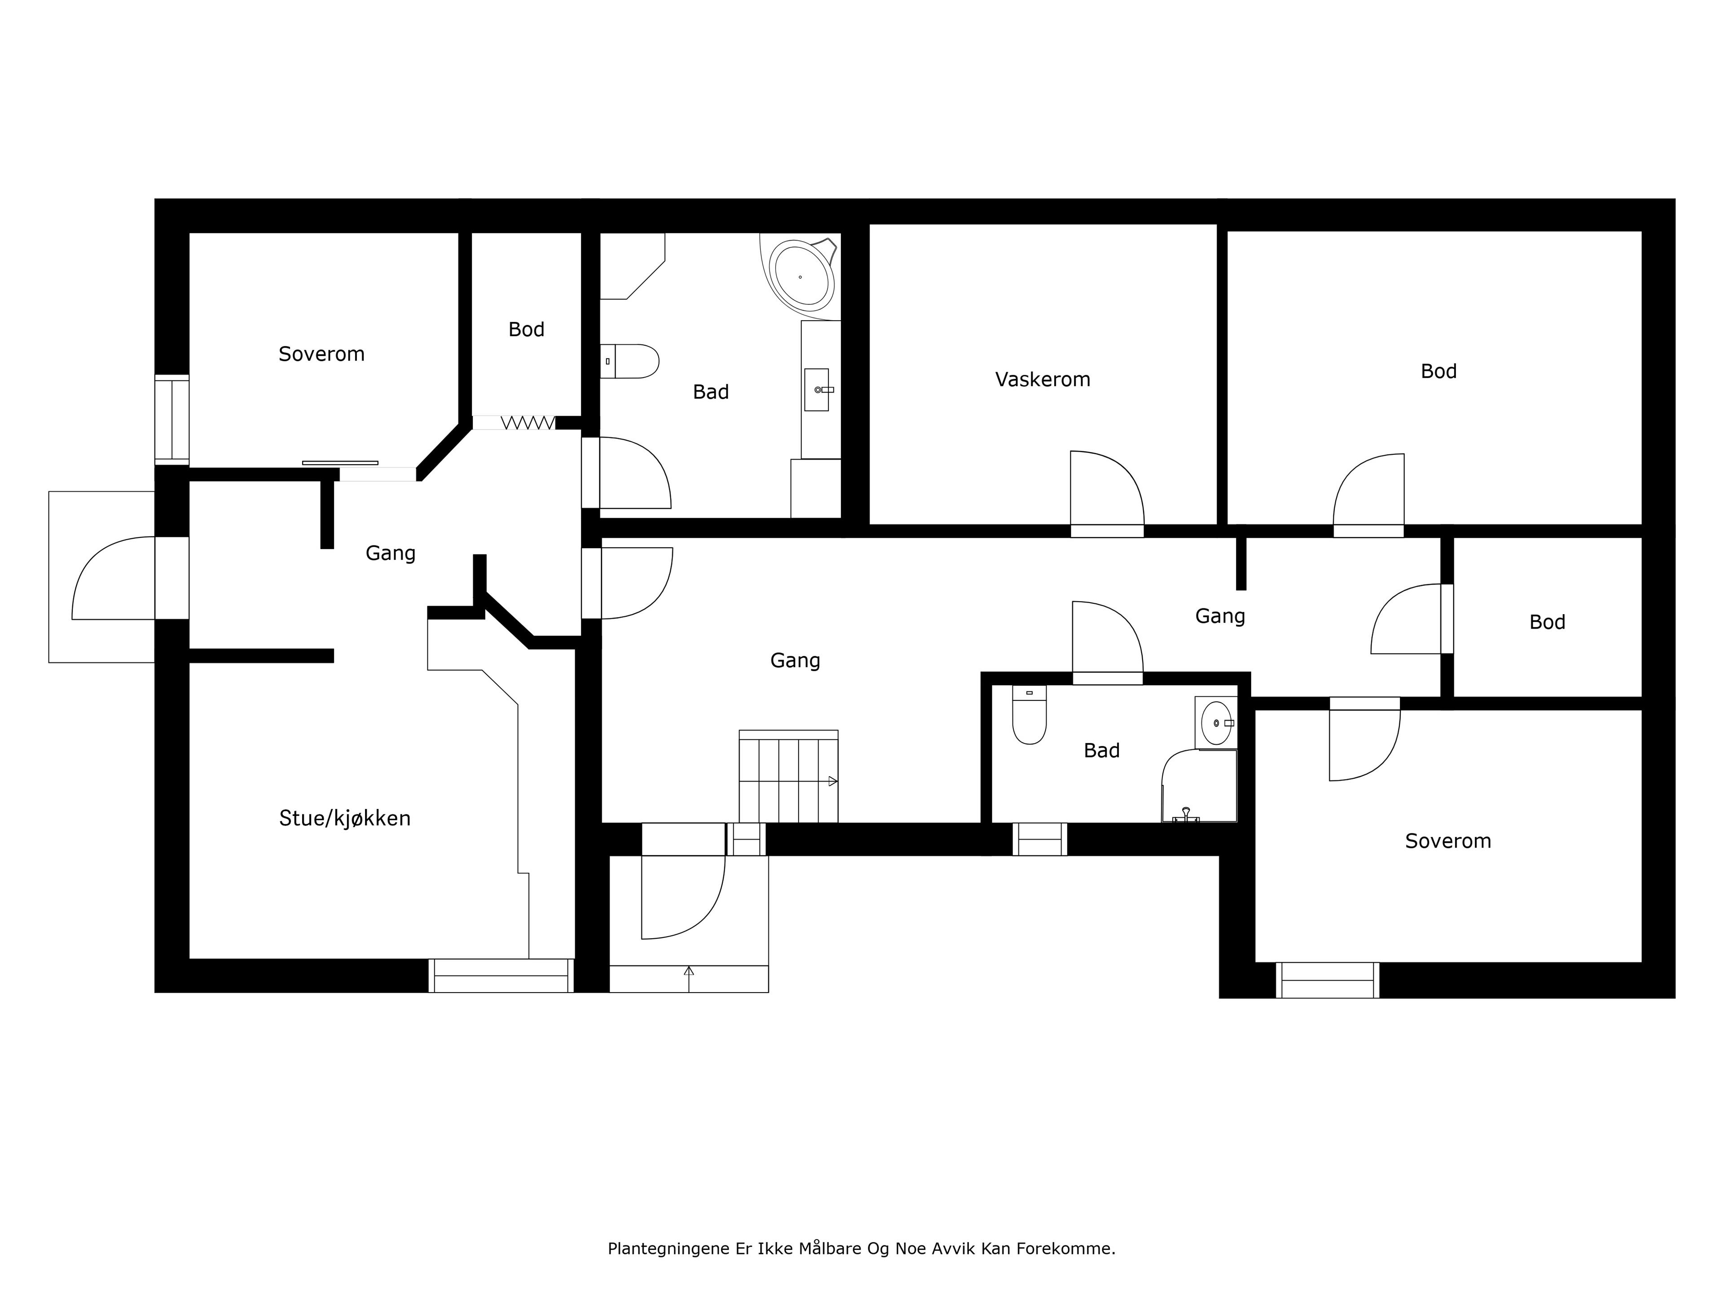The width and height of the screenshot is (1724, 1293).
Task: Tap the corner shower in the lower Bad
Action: pyautogui.click(x=1199, y=786)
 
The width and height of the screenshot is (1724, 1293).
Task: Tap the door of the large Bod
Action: pyautogui.click(x=1368, y=495)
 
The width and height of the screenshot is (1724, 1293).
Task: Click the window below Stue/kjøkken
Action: pyautogui.click(x=501, y=975)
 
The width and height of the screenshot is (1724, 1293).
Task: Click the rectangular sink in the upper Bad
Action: pyautogui.click(x=817, y=390)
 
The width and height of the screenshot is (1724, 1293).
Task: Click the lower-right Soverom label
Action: pyautogui.click(x=1448, y=841)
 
